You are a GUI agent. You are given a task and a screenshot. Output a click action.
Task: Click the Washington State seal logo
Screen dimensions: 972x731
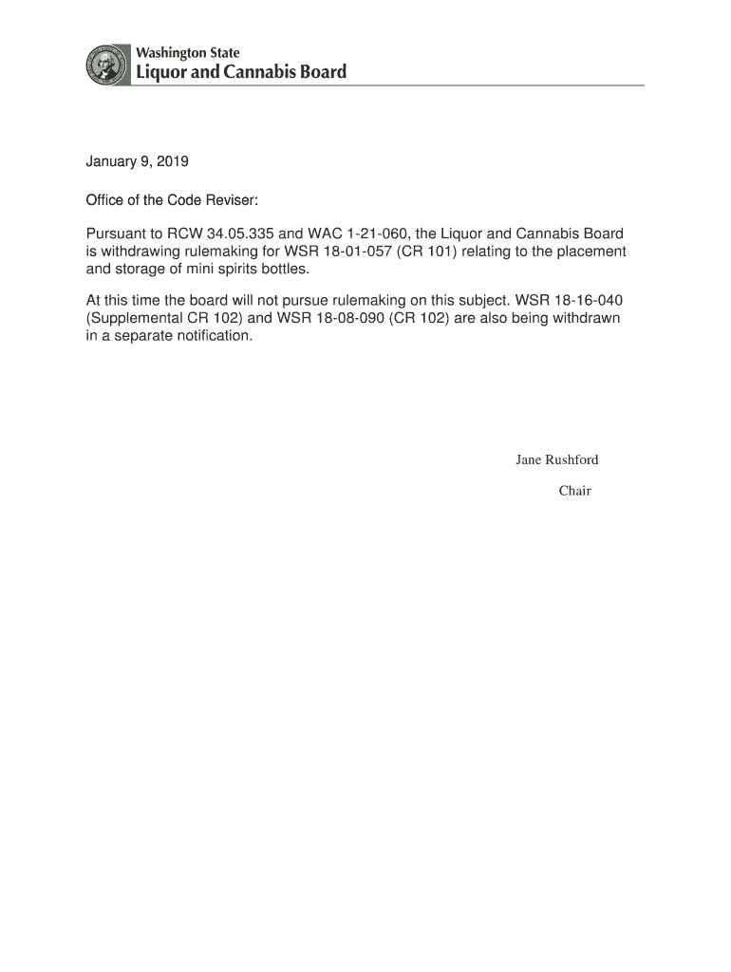pos(106,65)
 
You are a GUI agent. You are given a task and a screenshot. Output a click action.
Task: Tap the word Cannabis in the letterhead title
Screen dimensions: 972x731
pos(259,72)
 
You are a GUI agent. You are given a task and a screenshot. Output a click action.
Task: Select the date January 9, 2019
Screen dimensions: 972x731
pos(138,162)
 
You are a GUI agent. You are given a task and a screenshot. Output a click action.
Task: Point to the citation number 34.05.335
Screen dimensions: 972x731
pos(241,234)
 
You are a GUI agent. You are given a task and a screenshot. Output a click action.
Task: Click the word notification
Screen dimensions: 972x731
pos(213,336)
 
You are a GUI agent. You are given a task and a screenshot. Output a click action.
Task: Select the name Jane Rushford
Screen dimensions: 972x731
pos(557,460)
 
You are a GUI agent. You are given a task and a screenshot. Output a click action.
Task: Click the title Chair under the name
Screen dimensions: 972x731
pos(574,491)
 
